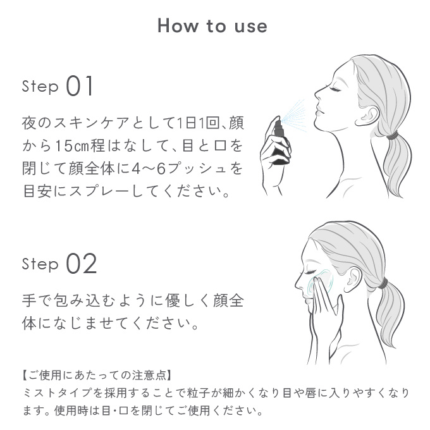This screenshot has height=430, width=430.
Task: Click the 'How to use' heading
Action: pyautogui.click(x=212, y=26)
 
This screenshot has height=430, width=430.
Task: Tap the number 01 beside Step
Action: pyautogui.click(x=80, y=86)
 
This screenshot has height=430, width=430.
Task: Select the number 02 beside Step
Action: pyautogui.click(x=82, y=264)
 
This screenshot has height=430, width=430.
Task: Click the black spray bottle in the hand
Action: pyautogui.click(x=281, y=142)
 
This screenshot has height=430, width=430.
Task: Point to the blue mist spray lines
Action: pyautogui.click(x=293, y=115)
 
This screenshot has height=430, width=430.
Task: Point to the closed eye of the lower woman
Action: pyautogui.click(x=310, y=272)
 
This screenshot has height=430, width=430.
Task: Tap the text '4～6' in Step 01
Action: pyautogui.click(x=149, y=168)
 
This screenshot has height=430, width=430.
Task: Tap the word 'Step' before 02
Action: pyautogui.click(x=40, y=264)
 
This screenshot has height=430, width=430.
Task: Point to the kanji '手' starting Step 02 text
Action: pyautogui.click(x=29, y=300)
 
